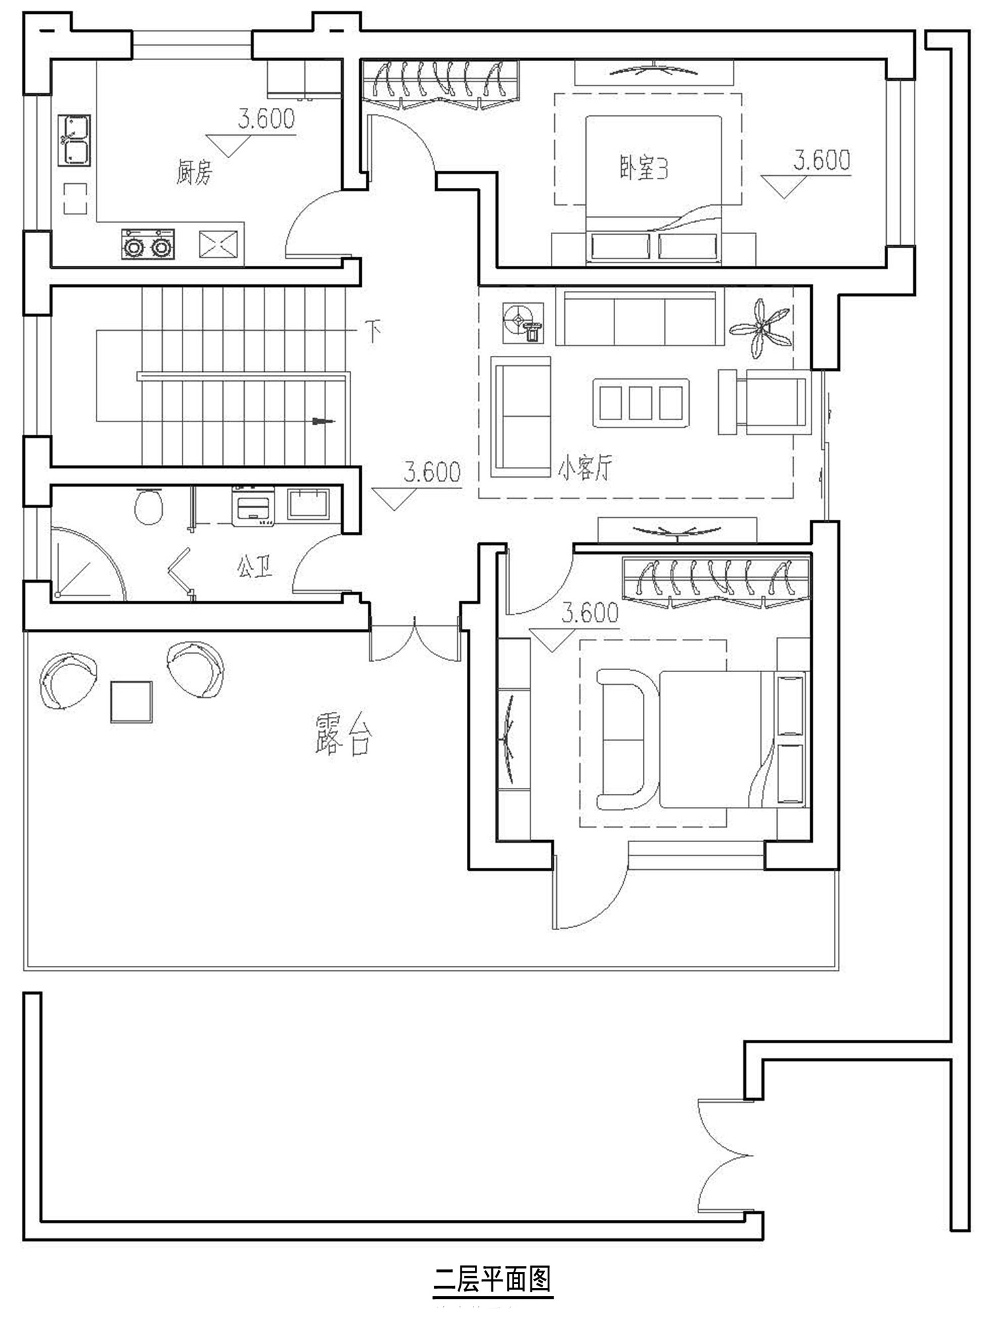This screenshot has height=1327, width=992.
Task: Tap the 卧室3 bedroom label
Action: (x=643, y=168)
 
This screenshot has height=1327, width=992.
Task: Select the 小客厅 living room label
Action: (x=585, y=469)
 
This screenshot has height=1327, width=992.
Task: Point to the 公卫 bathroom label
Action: (x=255, y=567)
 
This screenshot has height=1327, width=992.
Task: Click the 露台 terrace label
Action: (x=343, y=734)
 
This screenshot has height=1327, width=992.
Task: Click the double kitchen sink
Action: (x=74, y=140)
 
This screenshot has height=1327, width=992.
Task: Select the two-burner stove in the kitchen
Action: (x=147, y=244)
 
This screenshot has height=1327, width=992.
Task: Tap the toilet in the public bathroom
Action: (x=148, y=506)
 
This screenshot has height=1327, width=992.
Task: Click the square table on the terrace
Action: (x=131, y=701)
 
